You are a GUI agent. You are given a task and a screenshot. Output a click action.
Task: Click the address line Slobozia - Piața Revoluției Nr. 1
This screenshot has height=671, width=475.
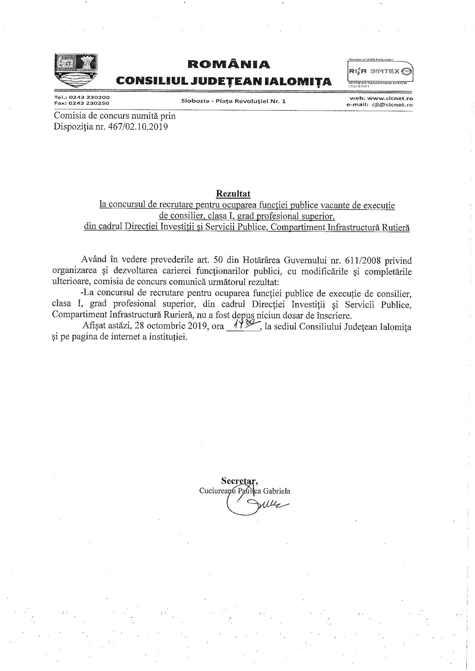coord(233,101)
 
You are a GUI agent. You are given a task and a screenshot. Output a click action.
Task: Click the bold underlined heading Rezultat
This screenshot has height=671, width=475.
coord(233,193)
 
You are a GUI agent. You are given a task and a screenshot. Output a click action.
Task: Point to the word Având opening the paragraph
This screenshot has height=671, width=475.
coord(94,260)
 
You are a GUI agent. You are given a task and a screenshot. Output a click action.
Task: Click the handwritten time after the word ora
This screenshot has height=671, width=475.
coord(242,326)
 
